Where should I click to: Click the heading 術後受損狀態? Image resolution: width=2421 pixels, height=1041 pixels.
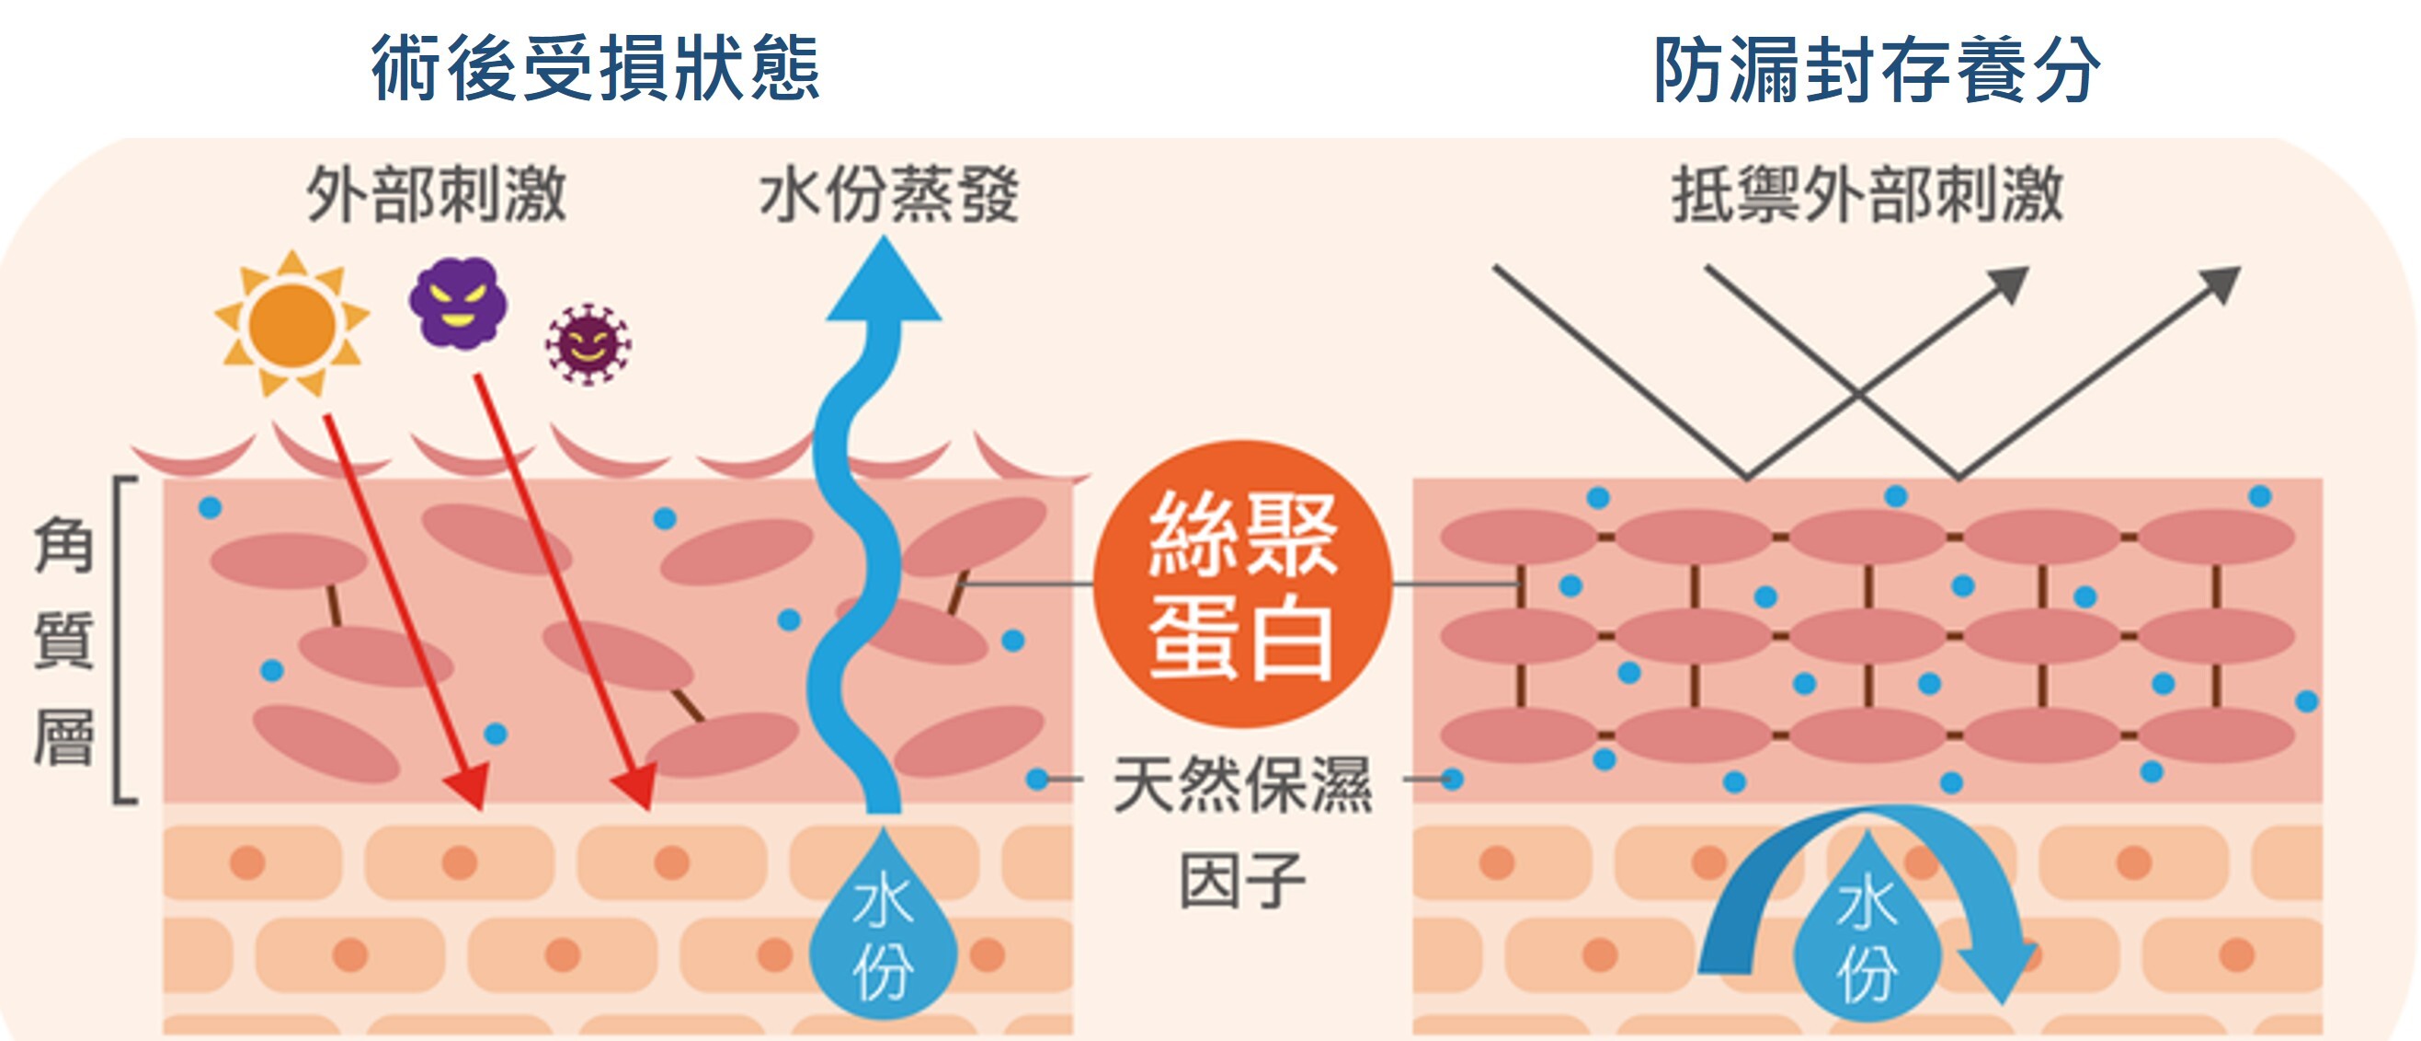pos(595,69)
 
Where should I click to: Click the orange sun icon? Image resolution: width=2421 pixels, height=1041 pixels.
pos(292,323)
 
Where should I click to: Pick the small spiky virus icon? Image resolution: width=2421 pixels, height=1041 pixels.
pos(588,344)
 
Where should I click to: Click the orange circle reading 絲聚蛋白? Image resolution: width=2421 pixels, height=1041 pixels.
pos(1241,584)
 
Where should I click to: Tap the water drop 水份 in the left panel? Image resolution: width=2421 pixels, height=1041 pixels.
pos(884,936)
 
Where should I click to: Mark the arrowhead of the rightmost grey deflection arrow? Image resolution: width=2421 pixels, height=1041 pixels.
pos(2223,283)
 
